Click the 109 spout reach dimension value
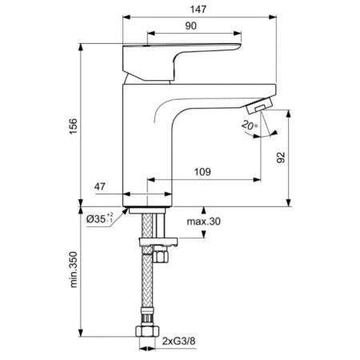point(203,171)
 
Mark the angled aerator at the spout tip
point(259,107)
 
